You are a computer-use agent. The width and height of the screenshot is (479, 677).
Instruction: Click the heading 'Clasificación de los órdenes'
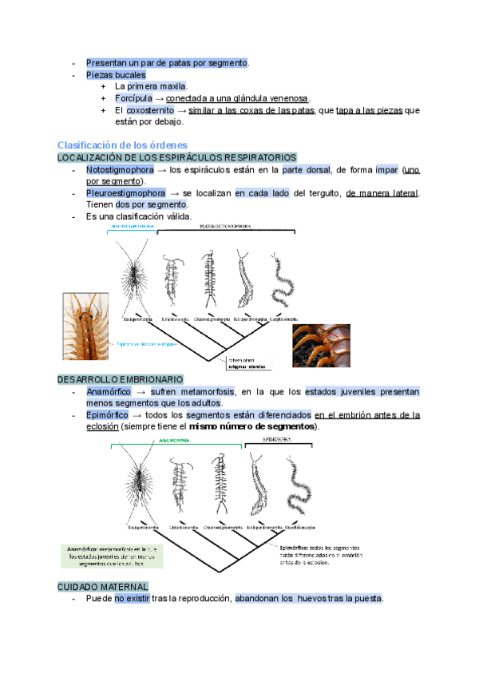pyautogui.click(x=122, y=145)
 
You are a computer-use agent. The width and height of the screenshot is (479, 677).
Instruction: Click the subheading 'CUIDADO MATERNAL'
pyautogui.click(x=102, y=586)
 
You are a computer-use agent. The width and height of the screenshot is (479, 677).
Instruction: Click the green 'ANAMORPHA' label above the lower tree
pyautogui.click(x=174, y=440)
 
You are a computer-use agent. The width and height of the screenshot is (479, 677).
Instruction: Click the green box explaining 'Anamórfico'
pyautogui.click(x=112, y=556)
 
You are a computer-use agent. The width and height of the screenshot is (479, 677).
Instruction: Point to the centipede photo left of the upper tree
pyautogui.click(x=85, y=327)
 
